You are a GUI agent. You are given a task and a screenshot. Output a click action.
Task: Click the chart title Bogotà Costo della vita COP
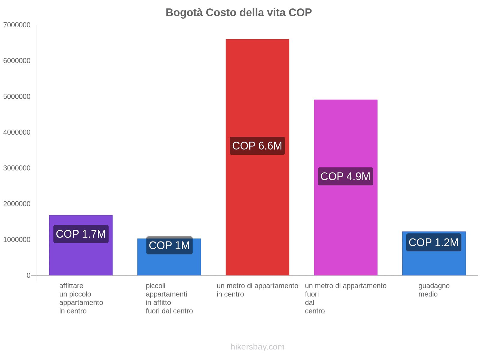[238, 13]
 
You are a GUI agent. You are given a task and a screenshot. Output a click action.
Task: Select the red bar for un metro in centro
[257, 90]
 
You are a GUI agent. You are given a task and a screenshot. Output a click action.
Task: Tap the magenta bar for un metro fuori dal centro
[345, 135]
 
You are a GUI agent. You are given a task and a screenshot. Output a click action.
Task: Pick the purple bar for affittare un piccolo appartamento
[81, 258]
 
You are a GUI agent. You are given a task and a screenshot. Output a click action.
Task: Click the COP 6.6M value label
[257, 146]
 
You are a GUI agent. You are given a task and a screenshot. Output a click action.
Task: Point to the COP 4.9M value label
[345, 176]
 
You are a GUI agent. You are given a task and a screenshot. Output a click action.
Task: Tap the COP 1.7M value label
[81, 234]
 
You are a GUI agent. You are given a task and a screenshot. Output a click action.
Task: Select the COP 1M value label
[169, 245]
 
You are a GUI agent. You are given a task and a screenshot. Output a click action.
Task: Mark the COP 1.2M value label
[433, 242]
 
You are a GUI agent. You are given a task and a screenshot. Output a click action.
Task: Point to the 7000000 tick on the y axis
[17, 25]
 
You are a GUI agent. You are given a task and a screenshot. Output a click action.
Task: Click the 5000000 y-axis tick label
[17, 97]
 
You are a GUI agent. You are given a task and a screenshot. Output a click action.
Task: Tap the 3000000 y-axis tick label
[17, 168]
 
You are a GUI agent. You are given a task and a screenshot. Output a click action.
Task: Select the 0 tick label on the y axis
[28, 275]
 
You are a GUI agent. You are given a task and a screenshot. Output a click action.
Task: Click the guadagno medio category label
[434, 290]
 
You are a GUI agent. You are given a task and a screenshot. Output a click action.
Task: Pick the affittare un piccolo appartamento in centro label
[81, 298]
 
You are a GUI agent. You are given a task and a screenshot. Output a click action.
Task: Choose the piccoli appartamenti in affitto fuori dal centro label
[169, 298]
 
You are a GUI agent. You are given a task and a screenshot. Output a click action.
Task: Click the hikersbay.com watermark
[257, 347]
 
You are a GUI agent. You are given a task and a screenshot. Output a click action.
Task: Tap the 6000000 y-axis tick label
[17, 61]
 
